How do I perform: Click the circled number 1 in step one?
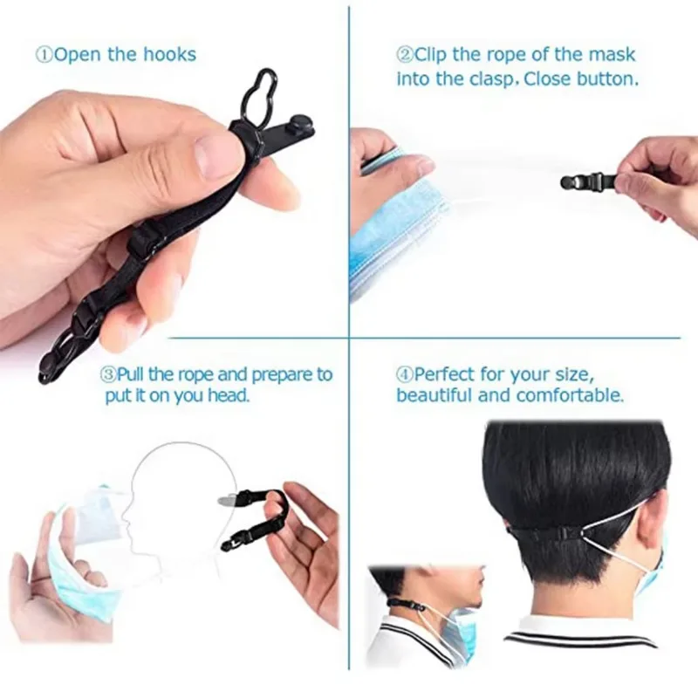(x=44, y=55)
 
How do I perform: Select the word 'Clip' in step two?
(x=433, y=55)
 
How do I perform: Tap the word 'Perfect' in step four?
(x=445, y=374)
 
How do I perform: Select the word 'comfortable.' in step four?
(x=571, y=395)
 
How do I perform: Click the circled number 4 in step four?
(x=404, y=374)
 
